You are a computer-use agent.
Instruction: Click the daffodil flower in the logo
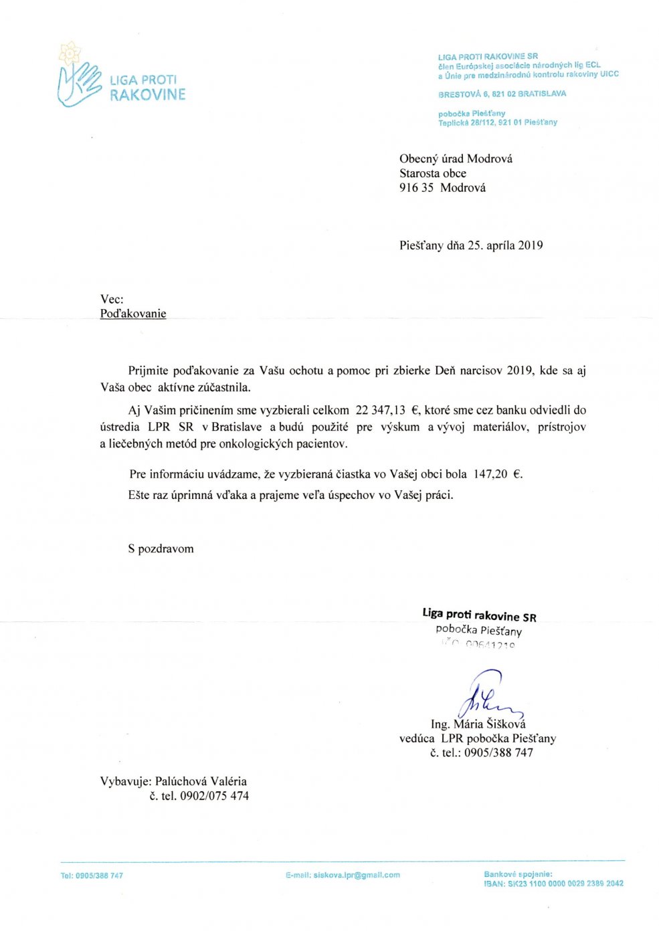70,52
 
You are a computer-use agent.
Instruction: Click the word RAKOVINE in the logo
147,95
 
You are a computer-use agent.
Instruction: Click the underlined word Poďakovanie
133,314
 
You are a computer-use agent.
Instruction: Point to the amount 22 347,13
380,411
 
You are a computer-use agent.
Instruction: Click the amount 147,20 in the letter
490,474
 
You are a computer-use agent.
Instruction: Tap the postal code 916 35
416,188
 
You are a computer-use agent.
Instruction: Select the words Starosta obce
433,173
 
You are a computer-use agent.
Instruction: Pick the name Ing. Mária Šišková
478,724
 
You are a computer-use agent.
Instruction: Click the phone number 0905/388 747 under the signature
498,752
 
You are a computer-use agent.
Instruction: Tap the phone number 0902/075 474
214,796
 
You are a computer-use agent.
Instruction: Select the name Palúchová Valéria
201,781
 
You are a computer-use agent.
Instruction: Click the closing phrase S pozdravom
161,549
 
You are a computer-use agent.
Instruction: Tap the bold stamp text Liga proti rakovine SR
479,615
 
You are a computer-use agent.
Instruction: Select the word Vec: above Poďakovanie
112,299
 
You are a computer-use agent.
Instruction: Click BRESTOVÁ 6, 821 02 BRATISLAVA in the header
502,94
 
